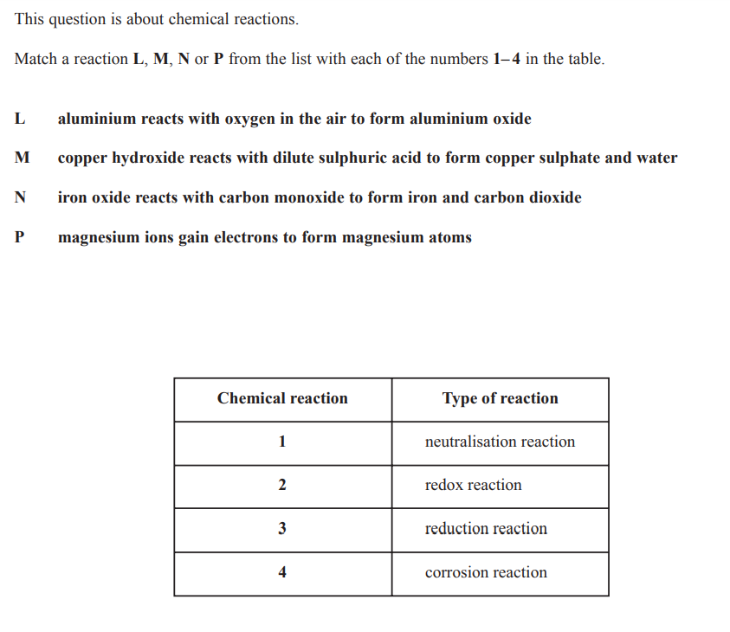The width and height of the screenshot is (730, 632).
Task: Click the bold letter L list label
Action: (19, 119)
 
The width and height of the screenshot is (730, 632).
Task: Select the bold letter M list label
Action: (22, 158)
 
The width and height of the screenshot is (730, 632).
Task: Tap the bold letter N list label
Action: (20, 197)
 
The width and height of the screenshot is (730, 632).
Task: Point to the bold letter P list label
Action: (19, 237)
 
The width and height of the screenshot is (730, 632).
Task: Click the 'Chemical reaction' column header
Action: (282, 399)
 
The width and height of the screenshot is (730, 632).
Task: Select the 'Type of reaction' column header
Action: (500, 399)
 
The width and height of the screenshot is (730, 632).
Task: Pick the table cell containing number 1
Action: (282, 442)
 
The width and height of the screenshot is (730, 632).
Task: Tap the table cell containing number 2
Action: (282, 486)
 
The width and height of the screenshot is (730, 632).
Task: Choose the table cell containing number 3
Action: (282, 529)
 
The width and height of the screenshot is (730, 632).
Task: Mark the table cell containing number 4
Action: (282, 573)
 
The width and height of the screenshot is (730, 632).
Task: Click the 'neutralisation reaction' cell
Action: (500, 442)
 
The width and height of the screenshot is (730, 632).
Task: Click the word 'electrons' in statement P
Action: (244, 237)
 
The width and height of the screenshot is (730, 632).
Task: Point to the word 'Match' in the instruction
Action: (36, 60)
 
